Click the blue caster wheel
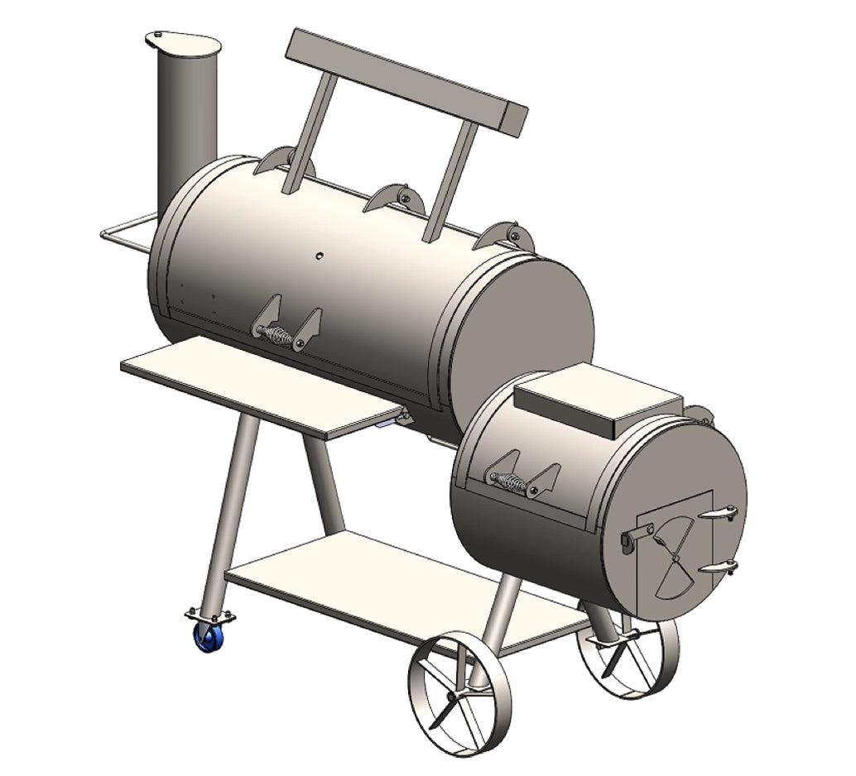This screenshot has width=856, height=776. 204,638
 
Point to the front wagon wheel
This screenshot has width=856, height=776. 459,695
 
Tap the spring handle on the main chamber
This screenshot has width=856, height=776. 279,335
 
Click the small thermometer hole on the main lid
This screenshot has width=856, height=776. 318,257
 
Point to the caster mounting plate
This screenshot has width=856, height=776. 209,616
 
